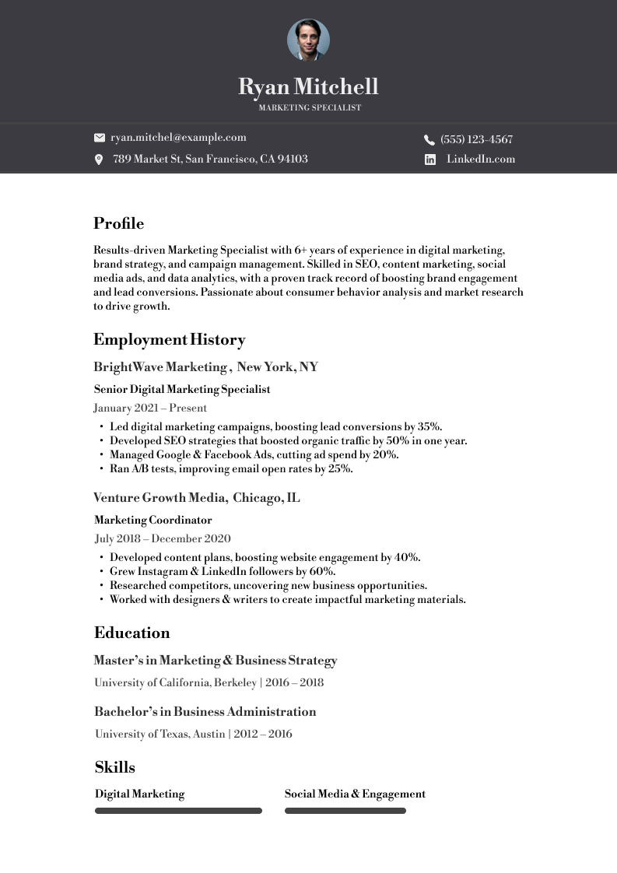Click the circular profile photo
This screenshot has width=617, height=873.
[x=308, y=40]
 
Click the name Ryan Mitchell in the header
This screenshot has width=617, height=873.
[x=308, y=86]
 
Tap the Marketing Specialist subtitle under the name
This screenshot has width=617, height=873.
[x=310, y=108]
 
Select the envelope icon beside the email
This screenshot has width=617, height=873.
[x=100, y=138]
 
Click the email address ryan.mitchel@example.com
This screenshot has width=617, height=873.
[x=178, y=138]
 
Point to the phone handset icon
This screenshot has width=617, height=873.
[x=429, y=140]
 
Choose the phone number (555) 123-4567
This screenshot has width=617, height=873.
[x=476, y=140]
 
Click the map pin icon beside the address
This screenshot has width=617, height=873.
[x=99, y=160]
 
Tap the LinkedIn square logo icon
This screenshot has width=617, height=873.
[x=430, y=160]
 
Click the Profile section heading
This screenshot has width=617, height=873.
[x=118, y=224]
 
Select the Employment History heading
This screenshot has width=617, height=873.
[x=169, y=340]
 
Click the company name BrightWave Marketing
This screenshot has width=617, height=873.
[x=160, y=367]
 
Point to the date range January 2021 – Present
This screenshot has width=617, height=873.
[x=150, y=408]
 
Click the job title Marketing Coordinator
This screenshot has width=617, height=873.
[x=152, y=520]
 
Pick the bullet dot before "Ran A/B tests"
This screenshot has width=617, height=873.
[x=101, y=469]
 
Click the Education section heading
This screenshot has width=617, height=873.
[x=131, y=633]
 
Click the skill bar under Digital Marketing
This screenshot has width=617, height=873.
[x=178, y=811]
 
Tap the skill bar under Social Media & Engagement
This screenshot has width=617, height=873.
[x=345, y=811]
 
